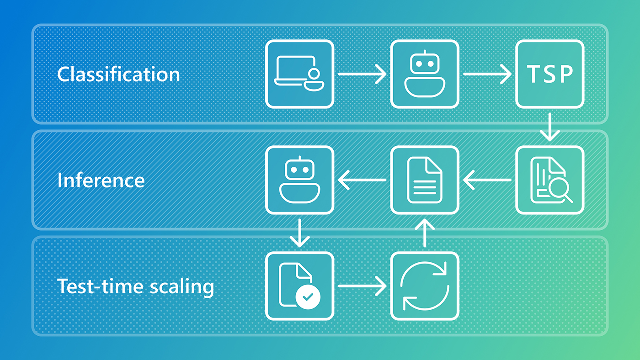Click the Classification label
[118, 74]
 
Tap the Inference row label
[101, 180]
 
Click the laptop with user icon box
[299, 74]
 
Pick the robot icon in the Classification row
[425, 74]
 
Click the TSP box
[549, 74]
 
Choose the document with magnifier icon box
[549, 180]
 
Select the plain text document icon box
[425, 180]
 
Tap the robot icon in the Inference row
[299, 180]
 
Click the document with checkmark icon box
[299, 286]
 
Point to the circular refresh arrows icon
[425, 286]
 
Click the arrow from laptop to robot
[362, 74]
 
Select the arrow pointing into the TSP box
[487, 74]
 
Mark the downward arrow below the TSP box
[549, 127]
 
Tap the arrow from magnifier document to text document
[487, 180]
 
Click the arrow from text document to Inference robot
[362, 180]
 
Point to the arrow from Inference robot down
[299, 233]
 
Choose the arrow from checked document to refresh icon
[362, 286]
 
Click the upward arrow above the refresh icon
[425, 233]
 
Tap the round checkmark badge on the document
[308, 297]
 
